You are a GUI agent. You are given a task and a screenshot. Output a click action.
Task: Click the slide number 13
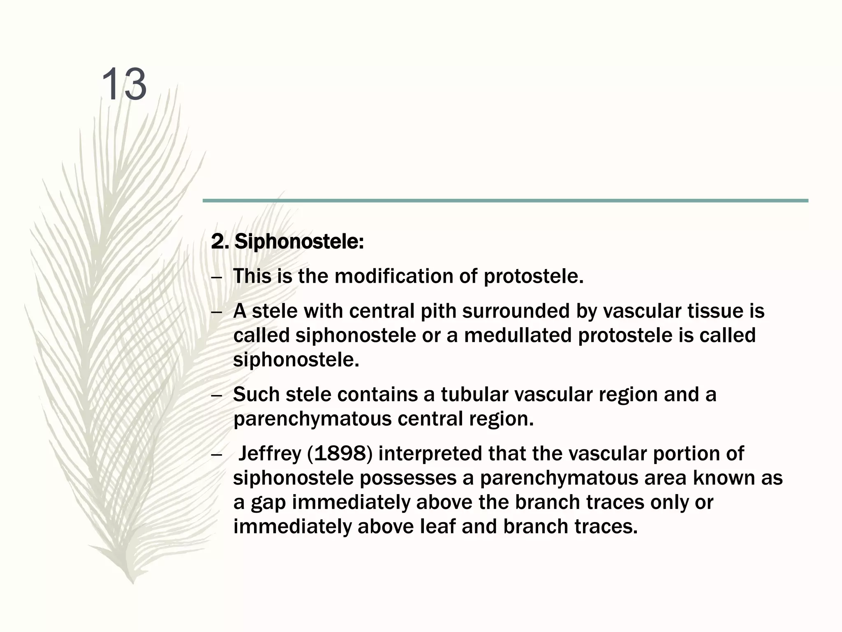point(123,84)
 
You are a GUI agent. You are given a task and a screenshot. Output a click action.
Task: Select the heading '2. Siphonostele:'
point(287,242)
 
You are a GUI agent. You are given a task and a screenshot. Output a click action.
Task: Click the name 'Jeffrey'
point(269,453)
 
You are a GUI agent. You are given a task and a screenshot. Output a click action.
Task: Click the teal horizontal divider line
point(505,201)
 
